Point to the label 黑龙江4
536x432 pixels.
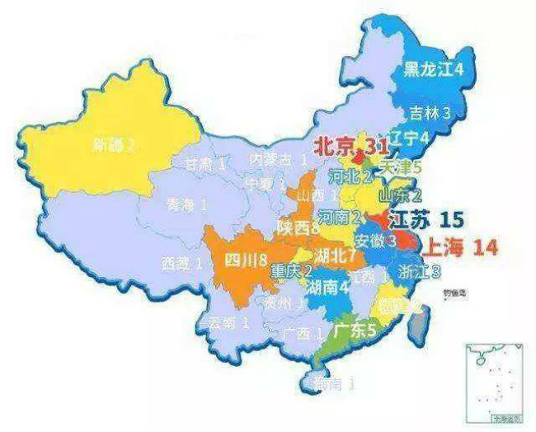tap(433, 69)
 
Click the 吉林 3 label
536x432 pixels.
tap(432, 113)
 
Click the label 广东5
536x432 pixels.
tap(355, 330)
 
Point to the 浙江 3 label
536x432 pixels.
tap(418, 270)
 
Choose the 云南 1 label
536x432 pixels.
tap(226, 322)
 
